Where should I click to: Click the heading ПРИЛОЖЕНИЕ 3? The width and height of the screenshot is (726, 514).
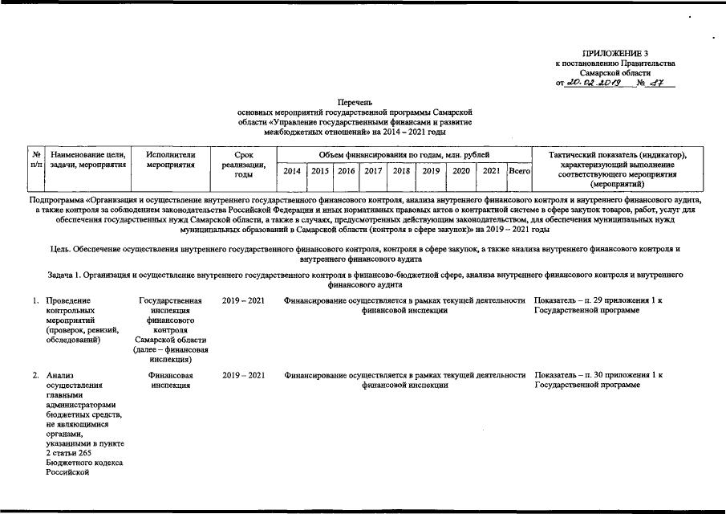point(614,53)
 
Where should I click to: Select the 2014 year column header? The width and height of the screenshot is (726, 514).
point(293,171)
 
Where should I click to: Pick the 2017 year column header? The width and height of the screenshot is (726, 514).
point(372,171)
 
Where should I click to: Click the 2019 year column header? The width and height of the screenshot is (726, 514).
point(430,171)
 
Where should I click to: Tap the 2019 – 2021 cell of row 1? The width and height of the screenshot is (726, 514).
point(243,301)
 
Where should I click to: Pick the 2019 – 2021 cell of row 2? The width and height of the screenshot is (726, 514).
point(243,375)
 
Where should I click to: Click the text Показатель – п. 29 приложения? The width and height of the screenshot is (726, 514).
point(598,301)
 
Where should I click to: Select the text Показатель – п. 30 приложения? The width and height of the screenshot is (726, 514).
point(598,375)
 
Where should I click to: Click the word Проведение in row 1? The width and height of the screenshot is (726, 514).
point(68,301)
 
